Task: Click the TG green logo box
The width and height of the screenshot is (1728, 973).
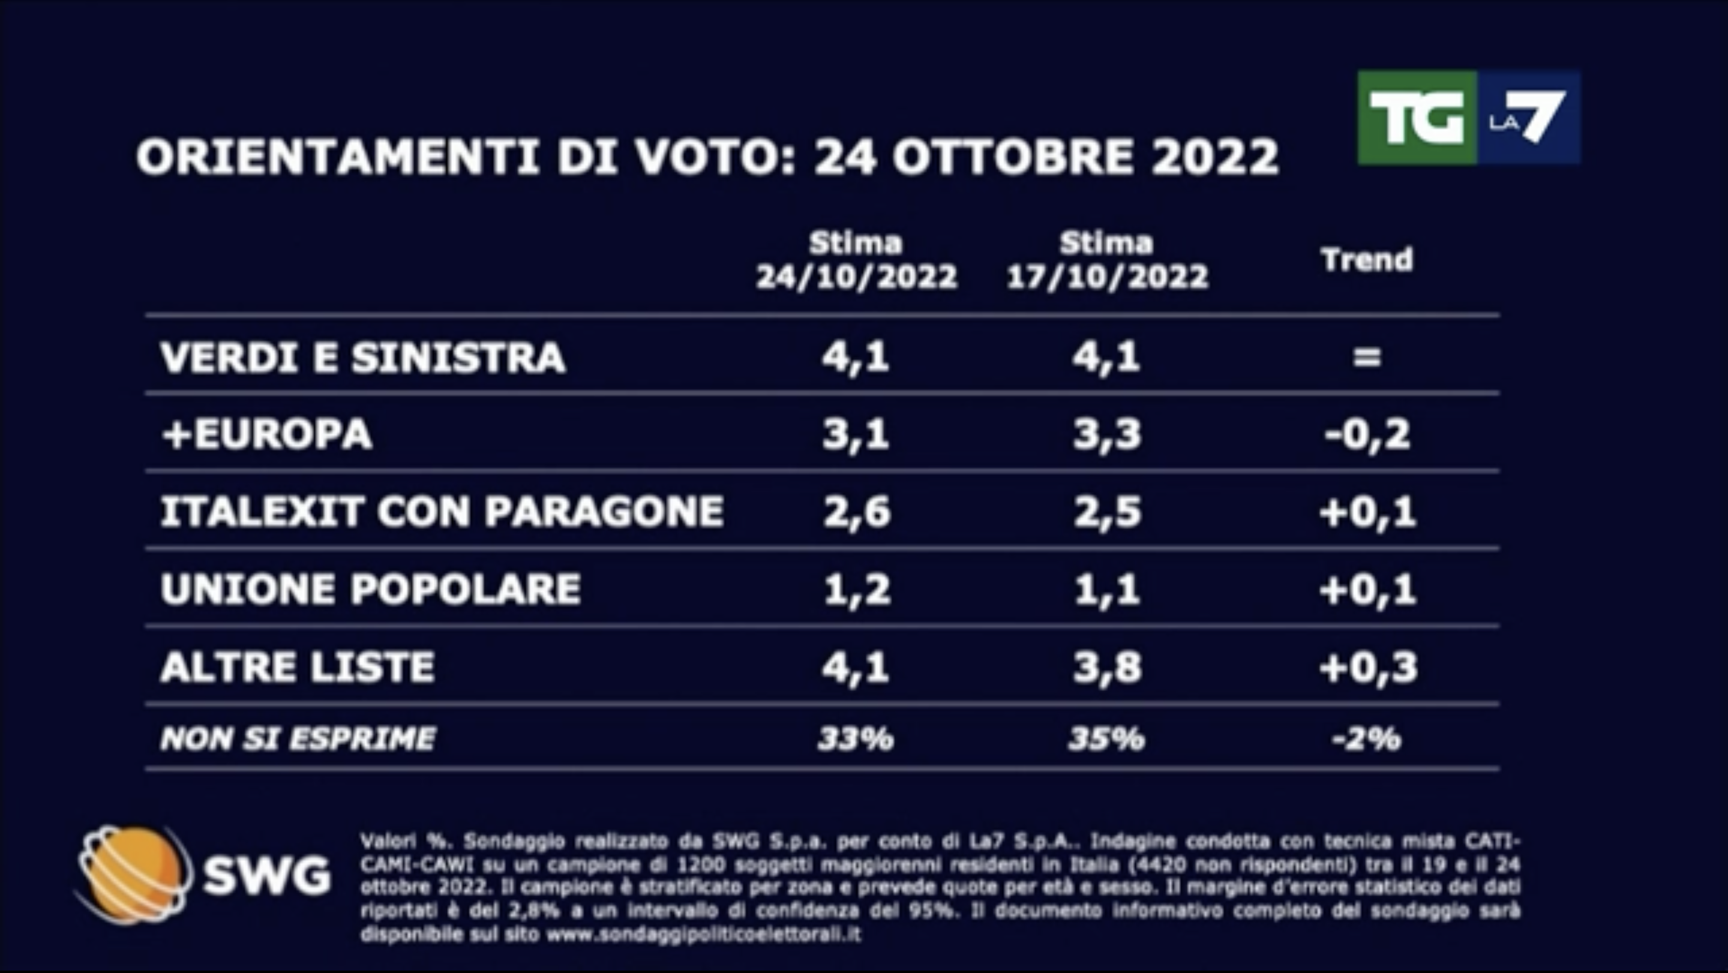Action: (1416, 118)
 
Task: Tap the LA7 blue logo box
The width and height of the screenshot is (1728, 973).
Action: (1529, 118)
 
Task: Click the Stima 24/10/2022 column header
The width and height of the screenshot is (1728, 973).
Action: (856, 260)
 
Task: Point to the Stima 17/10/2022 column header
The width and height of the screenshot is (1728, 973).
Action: (1107, 260)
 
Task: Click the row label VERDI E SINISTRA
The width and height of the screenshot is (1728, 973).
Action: (363, 358)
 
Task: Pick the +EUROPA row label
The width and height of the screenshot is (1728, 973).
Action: (267, 434)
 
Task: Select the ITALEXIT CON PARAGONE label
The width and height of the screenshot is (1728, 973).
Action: (442, 512)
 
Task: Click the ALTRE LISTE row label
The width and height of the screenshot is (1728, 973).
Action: (298, 667)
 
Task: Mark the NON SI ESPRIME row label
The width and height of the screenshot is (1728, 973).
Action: (298, 739)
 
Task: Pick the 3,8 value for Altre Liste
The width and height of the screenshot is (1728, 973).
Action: (1107, 667)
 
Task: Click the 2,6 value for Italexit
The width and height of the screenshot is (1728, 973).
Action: (857, 512)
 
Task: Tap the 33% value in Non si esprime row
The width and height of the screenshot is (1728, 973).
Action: (856, 739)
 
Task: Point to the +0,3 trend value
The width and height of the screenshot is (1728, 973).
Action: (1368, 667)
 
